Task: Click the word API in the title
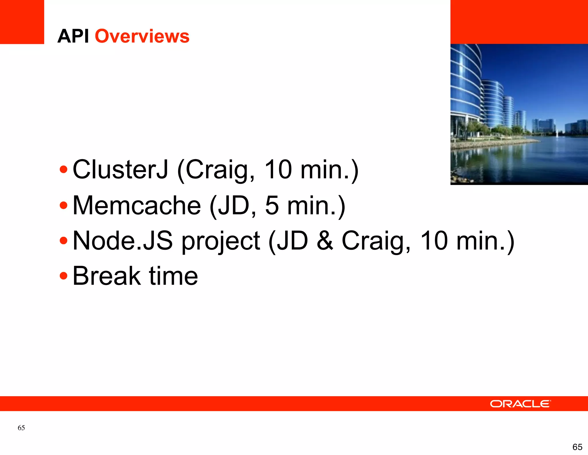click(x=73, y=36)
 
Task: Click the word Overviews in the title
click(x=142, y=36)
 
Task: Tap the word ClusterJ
click(x=120, y=170)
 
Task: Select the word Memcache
click(x=137, y=205)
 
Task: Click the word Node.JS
click(x=123, y=241)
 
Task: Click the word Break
click(x=107, y=276)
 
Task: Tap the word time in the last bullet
click(x=173, y=276)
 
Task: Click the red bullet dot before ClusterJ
click(x=63, y=170)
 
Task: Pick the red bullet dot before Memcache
click(x=63, y=205)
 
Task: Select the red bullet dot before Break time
click(x=63, y=276)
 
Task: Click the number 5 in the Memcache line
click(x=272, y=205)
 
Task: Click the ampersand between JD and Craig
click(x=325, y=241)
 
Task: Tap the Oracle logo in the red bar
click(x=520, y=404)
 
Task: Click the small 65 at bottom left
click(x=21, y=428)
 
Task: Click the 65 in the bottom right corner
click(x=577, y=447)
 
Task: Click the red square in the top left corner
click(x=22, y=22)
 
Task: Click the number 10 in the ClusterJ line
click(x=278, y=170)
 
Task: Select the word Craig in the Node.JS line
click(x=376, y=241)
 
